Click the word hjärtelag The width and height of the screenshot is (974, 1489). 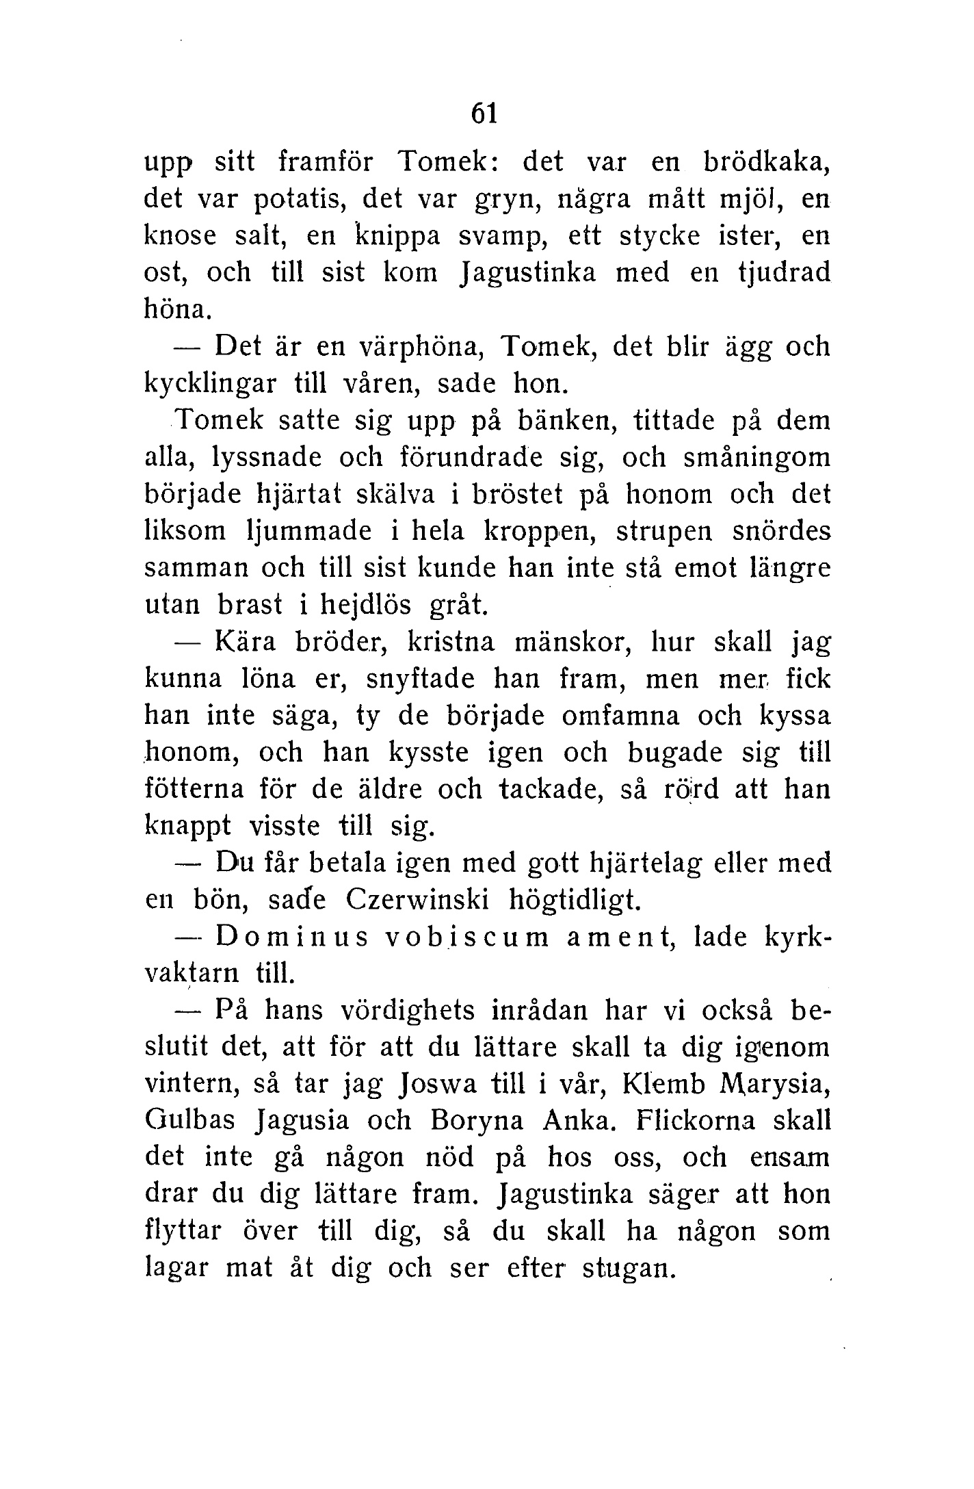click(645, 864)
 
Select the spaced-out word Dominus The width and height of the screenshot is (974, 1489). click(292, 937)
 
